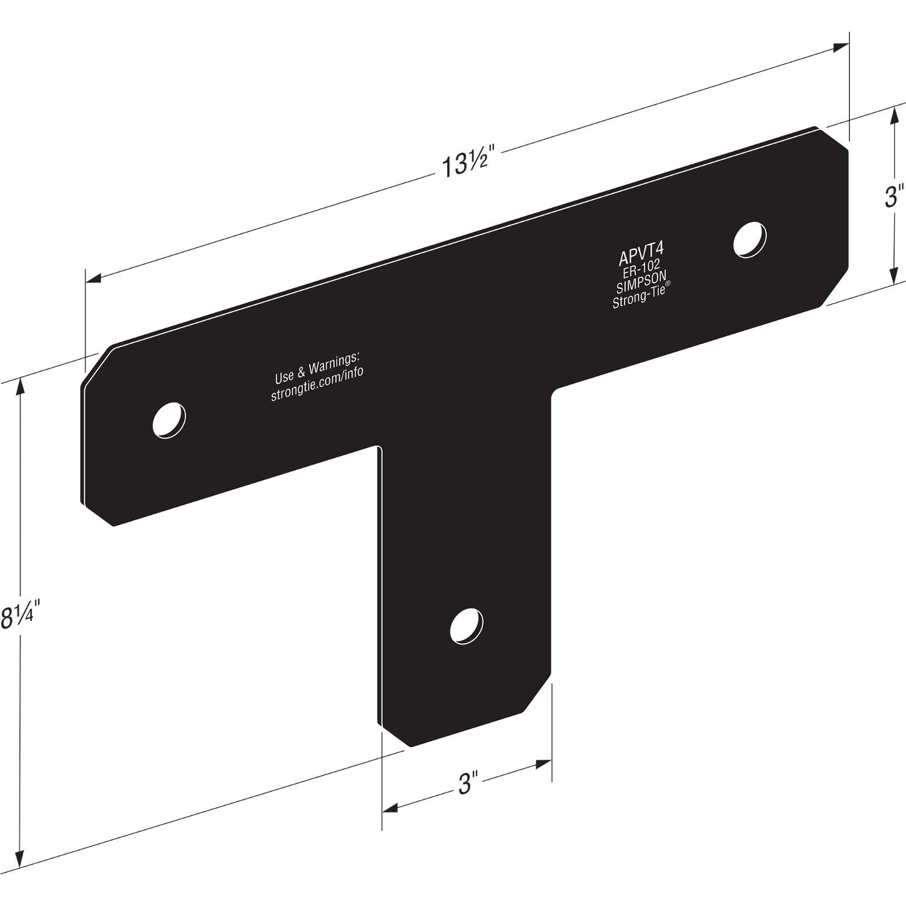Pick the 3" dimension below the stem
pyautogui.click(x=465, y=784)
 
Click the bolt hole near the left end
pyautogui.click(x=169, y=420)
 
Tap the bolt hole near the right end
pyautogui.click(x=750, y=240)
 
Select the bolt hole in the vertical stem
pyautogui.click(x=467, y=626)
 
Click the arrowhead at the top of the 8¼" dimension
pyautogui.click(x=21, y=385)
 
